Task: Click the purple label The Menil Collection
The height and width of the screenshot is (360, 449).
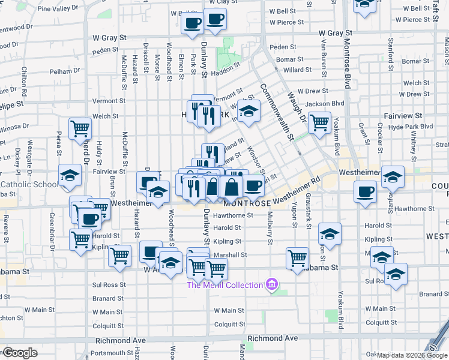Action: coord(224,284)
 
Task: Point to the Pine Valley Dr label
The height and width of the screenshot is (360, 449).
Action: coord(61,9)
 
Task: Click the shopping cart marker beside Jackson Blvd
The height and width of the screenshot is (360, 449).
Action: coord(319,122)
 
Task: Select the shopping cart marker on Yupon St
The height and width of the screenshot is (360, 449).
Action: coord(297,257)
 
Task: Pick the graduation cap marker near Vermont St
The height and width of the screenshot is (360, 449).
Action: coord(248,111)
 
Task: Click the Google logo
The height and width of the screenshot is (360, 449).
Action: coord(19,353)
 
